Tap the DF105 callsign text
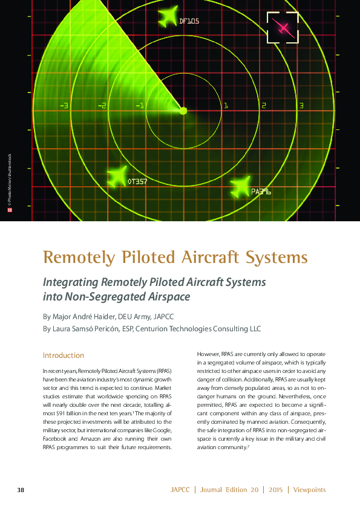pos(189,21)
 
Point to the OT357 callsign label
pos(137,181)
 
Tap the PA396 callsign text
pos(261,192)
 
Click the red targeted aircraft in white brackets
pos(283,27)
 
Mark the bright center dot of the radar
pos(183,111)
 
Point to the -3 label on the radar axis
pos(64,106)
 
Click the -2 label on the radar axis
pos(102,106)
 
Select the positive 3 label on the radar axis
pos(301,106)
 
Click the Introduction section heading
pos(63,355)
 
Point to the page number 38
pos(21,489)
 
